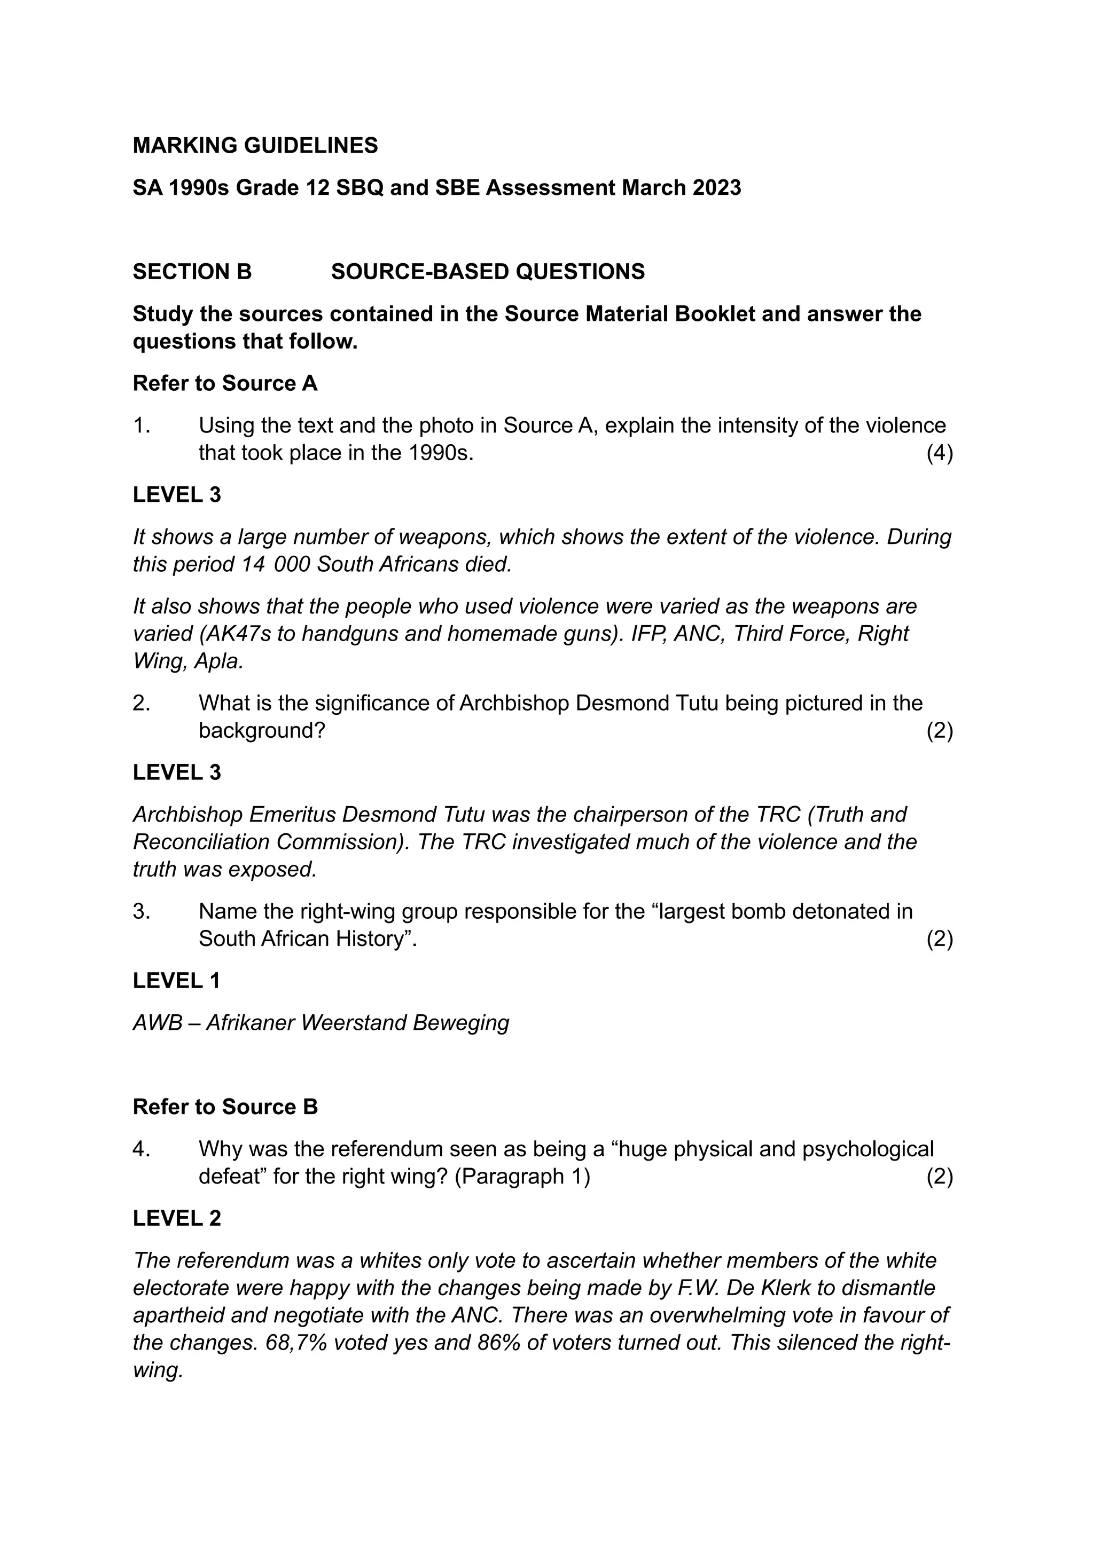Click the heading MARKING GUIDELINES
click(x=255, y=145)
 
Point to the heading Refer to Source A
click(x=225, y=383)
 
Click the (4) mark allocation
click(x=939, y=453)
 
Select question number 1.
click(x=141, y=425)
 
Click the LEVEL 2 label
click(x=176, y=1218)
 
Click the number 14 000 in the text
click(x=276, y=564)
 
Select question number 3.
click(x=141, y=911)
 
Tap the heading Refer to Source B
click(x=225, y=1107)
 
